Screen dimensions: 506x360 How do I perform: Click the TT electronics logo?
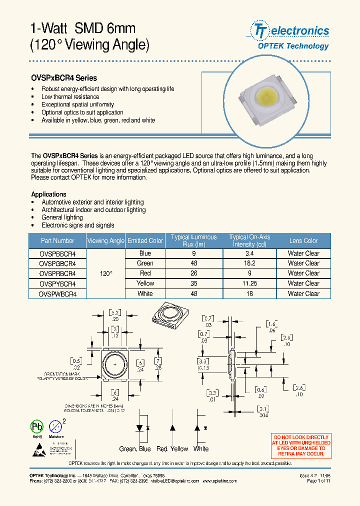tap(289, 36)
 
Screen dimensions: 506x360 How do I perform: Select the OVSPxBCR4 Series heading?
tap(64, 78)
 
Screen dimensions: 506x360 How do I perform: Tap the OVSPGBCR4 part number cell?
tap(57, 263)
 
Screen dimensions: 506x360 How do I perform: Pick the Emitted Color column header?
tap(145, 240)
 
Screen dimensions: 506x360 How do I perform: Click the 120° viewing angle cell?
tap(106, 273)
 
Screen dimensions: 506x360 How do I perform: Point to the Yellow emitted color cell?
tap(145, 283)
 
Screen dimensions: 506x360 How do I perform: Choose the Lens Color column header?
tap(303, 240)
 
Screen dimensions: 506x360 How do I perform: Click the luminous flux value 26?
tap(194, 273)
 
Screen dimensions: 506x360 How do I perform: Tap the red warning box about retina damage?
tap(301, 445)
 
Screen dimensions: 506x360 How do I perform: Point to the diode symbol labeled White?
tap(197, 428)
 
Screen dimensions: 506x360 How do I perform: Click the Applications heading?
tap(48, 194)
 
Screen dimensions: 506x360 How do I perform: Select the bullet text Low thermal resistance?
tap(70, 96)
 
